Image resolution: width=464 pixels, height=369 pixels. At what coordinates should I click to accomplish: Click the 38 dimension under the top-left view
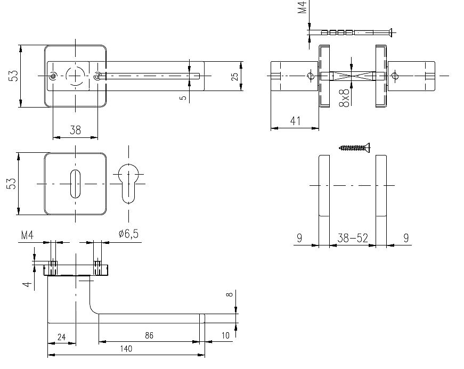75,130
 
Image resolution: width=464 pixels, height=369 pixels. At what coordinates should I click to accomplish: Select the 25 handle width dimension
234,77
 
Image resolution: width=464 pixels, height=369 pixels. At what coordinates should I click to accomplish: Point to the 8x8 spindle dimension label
345,97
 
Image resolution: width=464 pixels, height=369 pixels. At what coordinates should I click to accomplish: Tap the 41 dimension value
295,121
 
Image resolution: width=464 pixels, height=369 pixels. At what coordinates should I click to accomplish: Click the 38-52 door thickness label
353,237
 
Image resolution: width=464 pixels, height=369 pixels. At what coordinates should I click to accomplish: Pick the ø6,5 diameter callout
128,234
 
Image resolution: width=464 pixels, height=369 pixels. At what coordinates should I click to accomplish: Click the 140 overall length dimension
126,349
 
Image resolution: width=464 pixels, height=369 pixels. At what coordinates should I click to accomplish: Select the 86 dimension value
149,335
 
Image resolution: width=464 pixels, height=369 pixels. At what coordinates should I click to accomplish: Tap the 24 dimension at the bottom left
62,337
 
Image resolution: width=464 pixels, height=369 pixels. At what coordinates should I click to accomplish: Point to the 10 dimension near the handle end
225,335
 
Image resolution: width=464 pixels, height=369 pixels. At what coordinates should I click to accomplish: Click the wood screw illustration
354,147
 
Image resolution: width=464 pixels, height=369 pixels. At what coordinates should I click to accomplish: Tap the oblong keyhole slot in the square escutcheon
75,184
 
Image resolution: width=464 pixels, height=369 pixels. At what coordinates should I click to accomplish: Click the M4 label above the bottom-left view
27,235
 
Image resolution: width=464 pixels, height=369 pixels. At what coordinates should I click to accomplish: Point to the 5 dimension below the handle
183,97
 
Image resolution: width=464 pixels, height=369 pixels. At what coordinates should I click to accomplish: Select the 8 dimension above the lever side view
230,294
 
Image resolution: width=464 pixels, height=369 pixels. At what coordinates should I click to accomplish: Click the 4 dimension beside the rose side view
27,284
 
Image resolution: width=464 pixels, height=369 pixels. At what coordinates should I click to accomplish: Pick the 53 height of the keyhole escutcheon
11,183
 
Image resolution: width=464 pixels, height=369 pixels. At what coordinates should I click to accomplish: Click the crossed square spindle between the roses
352,76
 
